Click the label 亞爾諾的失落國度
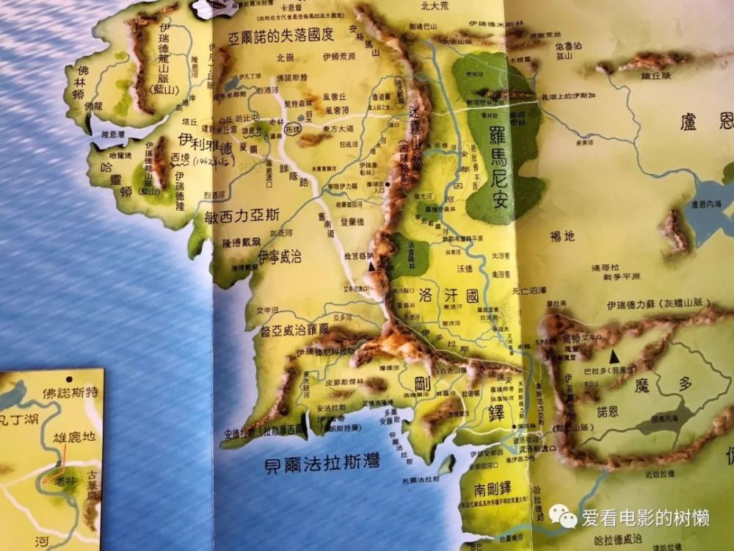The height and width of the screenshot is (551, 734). [x=280, y=36]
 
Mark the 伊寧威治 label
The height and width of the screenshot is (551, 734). [x=280, y=257]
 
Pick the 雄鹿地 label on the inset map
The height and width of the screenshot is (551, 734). [x=74, y=437]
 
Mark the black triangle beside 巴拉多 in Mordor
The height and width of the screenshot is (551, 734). [x=615, y=356]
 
